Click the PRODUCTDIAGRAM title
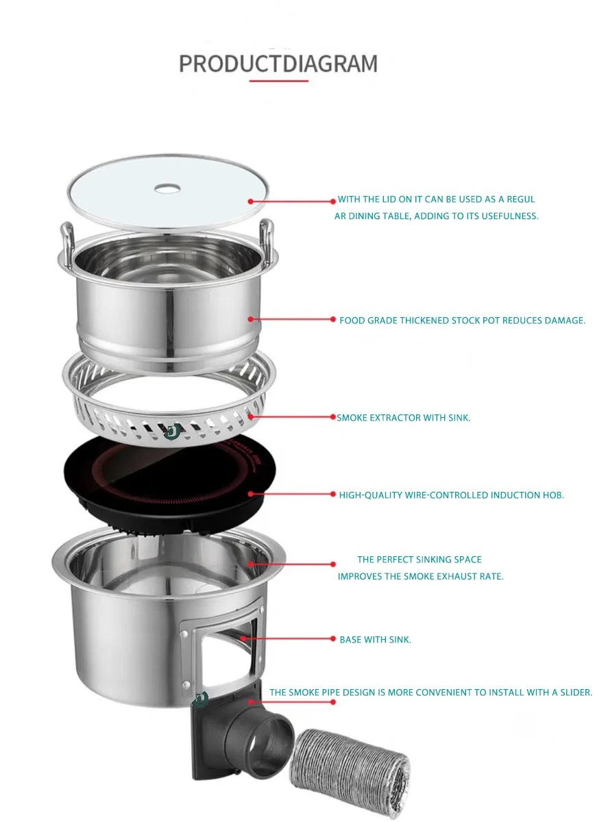click(278, 64)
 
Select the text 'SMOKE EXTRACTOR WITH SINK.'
click(403, 418)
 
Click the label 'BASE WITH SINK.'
click(375, 640)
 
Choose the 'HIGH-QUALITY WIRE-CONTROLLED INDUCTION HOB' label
click(451, 495)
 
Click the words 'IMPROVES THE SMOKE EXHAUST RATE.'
click(420, 577)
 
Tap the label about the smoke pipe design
click(430, 693)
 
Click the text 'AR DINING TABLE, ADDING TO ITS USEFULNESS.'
click(432, 216)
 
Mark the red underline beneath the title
click(278, 81)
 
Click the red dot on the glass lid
click(251, 201)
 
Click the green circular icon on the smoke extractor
click(173, 432)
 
